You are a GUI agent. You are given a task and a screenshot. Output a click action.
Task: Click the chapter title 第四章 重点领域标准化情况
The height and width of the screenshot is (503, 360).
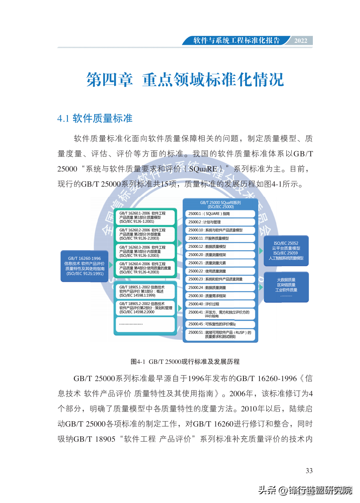[185, 79]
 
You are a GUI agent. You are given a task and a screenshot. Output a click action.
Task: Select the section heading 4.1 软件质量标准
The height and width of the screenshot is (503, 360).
[95, 118]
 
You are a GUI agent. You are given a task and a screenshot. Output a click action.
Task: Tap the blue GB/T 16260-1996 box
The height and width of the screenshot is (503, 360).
[85, 266]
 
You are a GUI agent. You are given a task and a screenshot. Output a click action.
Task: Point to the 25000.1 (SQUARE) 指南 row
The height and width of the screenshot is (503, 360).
[221, 214]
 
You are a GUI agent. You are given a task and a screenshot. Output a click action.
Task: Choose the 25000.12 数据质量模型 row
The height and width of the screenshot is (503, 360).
[221, 247]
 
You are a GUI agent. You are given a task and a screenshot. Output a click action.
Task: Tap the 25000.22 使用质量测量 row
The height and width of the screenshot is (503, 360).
[221, 271]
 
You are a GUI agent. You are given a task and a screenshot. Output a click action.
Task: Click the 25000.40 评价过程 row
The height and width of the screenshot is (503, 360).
[221, 304]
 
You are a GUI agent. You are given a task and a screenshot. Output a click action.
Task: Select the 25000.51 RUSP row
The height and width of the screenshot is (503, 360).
[221, 334]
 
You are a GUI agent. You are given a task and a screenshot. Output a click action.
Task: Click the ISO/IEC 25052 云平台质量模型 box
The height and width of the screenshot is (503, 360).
[286, 251]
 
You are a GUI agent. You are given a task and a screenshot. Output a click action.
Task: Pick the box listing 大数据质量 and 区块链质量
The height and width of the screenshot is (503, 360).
[286, 287]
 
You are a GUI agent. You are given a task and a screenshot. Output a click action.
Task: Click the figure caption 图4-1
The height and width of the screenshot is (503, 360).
[185, 362]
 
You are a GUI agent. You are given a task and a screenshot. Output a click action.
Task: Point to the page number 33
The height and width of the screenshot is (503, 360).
[309, 471]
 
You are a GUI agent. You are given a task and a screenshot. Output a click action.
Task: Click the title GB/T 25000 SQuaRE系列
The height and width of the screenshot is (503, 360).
[221, 205]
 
